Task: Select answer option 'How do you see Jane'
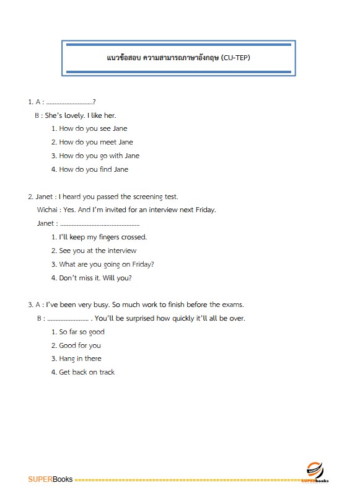pos(93,129)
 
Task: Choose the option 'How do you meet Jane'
pos(96,143)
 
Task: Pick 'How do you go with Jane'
pos(99,156)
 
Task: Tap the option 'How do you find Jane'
pos(94,170)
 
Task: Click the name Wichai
pos(48,210)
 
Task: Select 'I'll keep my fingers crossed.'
pos(103,238)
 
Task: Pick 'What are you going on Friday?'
pos(107,265)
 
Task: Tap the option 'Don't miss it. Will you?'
pos(95,278)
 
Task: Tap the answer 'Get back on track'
pos(87,373)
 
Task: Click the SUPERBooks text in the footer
pos(50,479)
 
